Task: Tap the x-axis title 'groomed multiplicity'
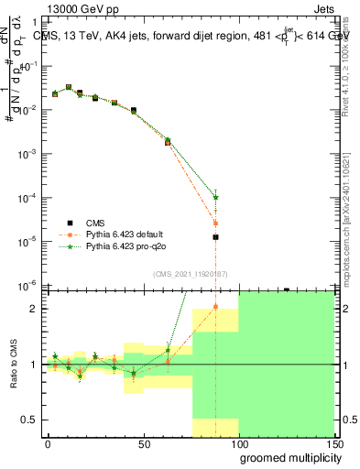[288, 457]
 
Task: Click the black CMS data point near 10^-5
[215, 237]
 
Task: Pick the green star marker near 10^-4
[215, 197]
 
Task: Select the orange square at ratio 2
[215, 307]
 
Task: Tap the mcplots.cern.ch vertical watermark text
[349, 229]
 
